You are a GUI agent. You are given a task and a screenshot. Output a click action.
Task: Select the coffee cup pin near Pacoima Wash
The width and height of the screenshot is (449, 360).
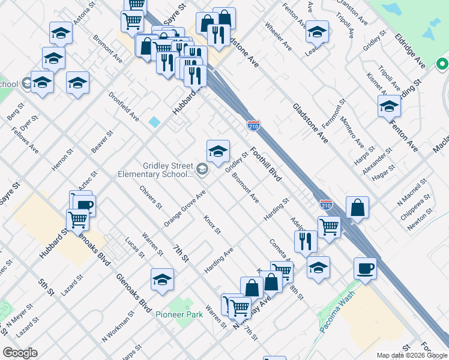365,268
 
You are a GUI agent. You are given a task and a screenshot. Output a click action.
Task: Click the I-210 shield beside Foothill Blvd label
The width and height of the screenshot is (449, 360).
253,125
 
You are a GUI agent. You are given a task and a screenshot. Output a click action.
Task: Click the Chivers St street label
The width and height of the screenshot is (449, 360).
151,197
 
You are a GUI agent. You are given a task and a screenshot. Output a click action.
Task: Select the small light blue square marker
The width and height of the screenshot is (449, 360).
155,122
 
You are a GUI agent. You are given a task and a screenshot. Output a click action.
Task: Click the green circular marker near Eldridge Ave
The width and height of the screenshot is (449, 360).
443,63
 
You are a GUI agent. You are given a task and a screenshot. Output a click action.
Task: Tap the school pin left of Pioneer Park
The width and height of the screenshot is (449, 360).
162,280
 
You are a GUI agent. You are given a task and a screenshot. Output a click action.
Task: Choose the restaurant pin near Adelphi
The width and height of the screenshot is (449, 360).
306,241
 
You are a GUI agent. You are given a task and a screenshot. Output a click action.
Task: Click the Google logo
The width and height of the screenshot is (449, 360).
20,353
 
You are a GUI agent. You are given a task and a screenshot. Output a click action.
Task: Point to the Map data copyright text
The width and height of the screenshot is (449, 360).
411,355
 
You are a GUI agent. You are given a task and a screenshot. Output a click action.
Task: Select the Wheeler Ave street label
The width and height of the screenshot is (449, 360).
278,37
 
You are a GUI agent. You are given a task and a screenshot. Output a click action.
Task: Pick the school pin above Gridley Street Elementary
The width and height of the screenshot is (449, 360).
218,152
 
